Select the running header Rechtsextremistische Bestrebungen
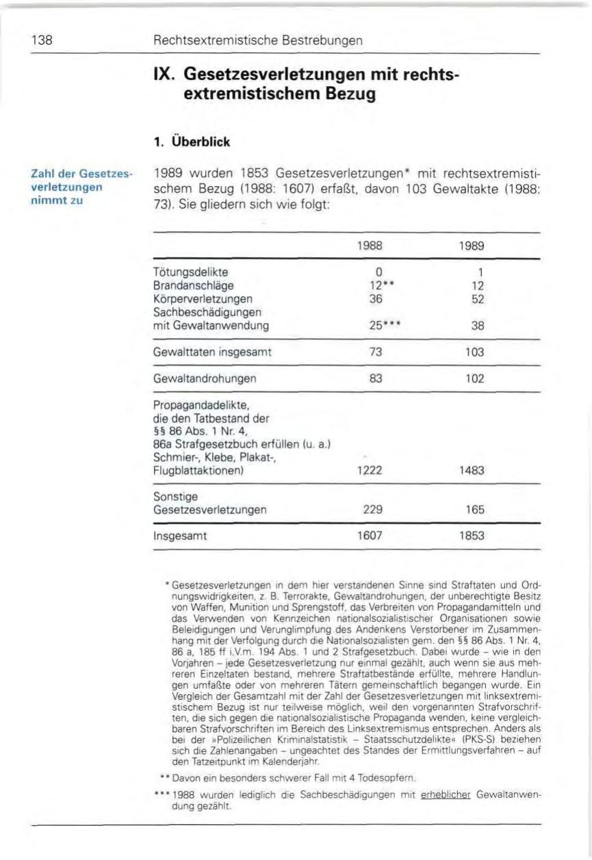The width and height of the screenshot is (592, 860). point(259,40)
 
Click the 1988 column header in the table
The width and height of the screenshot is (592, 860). point(371,245)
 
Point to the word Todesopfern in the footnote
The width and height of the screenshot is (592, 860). point(390,778)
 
